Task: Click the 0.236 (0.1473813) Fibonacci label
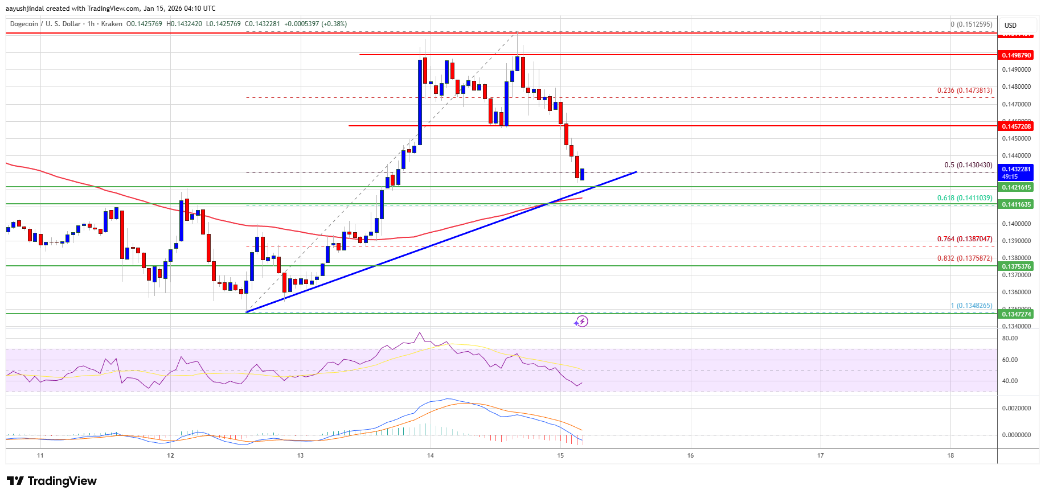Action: click(965, 90)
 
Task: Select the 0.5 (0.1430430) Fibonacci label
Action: click(968, 165)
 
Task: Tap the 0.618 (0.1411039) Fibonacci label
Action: click(965, 198)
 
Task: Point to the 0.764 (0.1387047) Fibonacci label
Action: click(965, 239)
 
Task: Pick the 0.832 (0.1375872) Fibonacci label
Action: click(965, 258)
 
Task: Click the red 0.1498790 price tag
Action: click(1016, 55)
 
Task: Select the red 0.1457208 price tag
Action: click(1016, 126)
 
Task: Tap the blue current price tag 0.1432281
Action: click(1016, 169)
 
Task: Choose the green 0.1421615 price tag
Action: click(1016, 187)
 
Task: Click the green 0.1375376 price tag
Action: click(1016, 266)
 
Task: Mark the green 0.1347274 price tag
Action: click(1016, 314)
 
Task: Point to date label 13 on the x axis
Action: click(300, 455)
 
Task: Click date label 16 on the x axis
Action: click(690, 455)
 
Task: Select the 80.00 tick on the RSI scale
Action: click(1010, 338)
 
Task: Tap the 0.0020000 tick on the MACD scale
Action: click(1016, 408)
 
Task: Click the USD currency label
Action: click(1010, 26)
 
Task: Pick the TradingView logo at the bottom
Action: click(52, 481)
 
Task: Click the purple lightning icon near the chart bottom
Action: click(580, 322)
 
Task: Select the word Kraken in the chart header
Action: click(112, 24)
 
